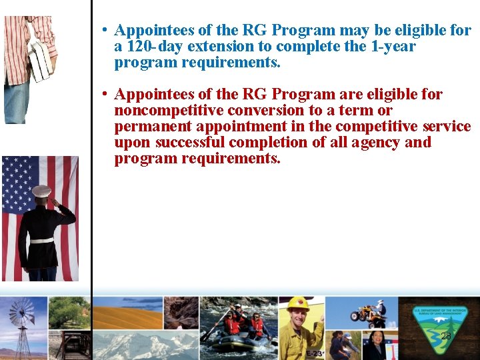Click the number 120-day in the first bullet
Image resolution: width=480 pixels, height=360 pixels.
tap(153, 47)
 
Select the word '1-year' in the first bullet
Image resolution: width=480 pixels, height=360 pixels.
tap(393, 47)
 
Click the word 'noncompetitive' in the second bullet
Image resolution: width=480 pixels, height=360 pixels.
tap(168, 111)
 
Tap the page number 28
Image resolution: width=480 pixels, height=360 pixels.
tap(446, 336)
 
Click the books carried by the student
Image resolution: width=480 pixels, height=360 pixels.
tap(40, 61)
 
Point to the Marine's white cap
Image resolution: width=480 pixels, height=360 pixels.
tap(41, 191)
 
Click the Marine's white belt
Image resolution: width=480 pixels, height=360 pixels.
tap(41, 239)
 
